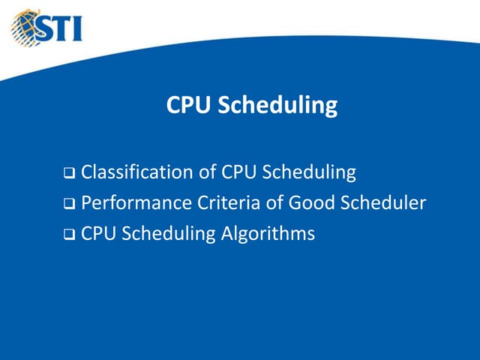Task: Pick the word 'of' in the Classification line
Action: click(x=208, y=172)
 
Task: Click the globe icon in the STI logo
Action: click(x=24, y=25)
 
